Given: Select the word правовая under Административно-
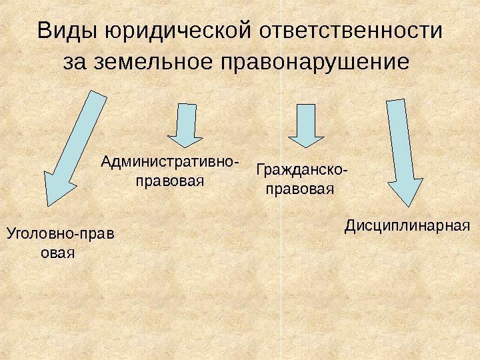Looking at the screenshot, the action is [169, 180].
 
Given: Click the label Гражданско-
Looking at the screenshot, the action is [301, 172].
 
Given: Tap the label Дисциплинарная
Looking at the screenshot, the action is [407, 227].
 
